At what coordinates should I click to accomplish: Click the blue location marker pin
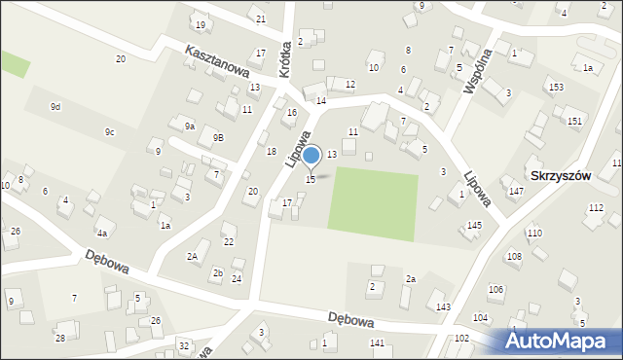[x=311, y=156]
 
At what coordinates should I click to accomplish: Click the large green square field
[x=373, y=200]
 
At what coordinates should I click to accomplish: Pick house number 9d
[x=55, y=106]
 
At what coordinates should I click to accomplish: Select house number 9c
[x=110, y=132]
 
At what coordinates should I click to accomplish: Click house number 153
[x=556, y=88]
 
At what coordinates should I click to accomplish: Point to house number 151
[x=574, y=121]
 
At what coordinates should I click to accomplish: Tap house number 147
[x=516, y=192]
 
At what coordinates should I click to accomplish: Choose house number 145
[x=474, y=226]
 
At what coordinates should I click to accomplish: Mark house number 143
[x=443, y=307]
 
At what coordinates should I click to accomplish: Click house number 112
[x=596, y=208]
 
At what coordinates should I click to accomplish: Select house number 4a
[x=101, y=234]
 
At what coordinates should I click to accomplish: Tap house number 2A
[x=193, y=256]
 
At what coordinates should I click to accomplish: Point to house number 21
[x=260, y=19]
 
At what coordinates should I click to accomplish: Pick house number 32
[x=184, y=345]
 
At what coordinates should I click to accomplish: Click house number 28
[x=59, y=338]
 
